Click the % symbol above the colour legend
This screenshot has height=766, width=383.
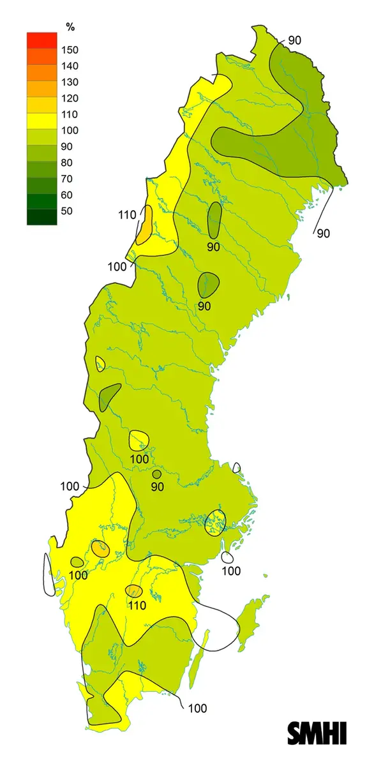tap(70, 27)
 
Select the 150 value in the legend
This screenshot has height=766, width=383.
tap(70, 50)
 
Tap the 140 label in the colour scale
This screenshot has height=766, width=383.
tap(70, 66)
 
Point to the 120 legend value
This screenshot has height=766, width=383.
tap(70, 98)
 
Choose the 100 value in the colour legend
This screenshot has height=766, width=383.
tap(70, 131)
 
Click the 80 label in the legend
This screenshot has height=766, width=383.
tap(67, 163)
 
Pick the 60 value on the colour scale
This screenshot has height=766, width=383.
tap(67, 195)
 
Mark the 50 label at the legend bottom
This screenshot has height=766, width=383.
tap(67, 211)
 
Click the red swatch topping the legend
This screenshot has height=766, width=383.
tap(41, 40)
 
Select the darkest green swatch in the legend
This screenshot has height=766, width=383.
tap(41, 217)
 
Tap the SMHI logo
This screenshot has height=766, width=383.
tap(317, 733)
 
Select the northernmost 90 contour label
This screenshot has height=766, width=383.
tap(294, 40)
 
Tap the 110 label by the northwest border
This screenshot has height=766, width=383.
tap(128, 215)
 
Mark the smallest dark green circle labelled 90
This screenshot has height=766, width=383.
tap(156, 474)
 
